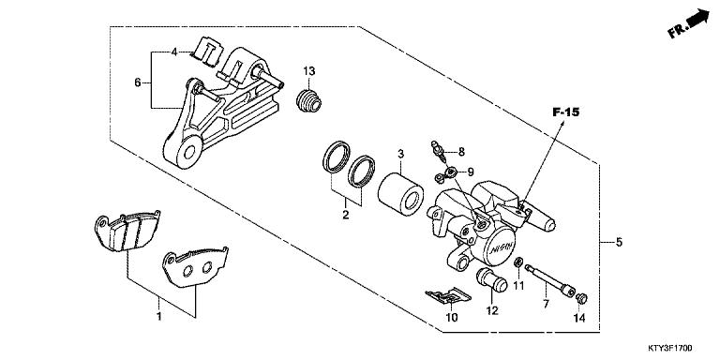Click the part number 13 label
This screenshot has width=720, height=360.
coord(309,71)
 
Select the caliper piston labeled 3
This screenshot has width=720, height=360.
coord(396,192)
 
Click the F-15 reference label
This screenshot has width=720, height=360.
coord(565,112)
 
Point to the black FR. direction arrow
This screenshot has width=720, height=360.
coord(696,20)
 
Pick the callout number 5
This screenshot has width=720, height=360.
coord(618,242)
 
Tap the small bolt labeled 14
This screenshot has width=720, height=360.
coord(580,299)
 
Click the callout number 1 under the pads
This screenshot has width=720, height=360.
coord(159,316)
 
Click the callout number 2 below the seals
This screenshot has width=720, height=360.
coord(344,216)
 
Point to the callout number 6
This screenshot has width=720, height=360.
coord(138,82)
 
